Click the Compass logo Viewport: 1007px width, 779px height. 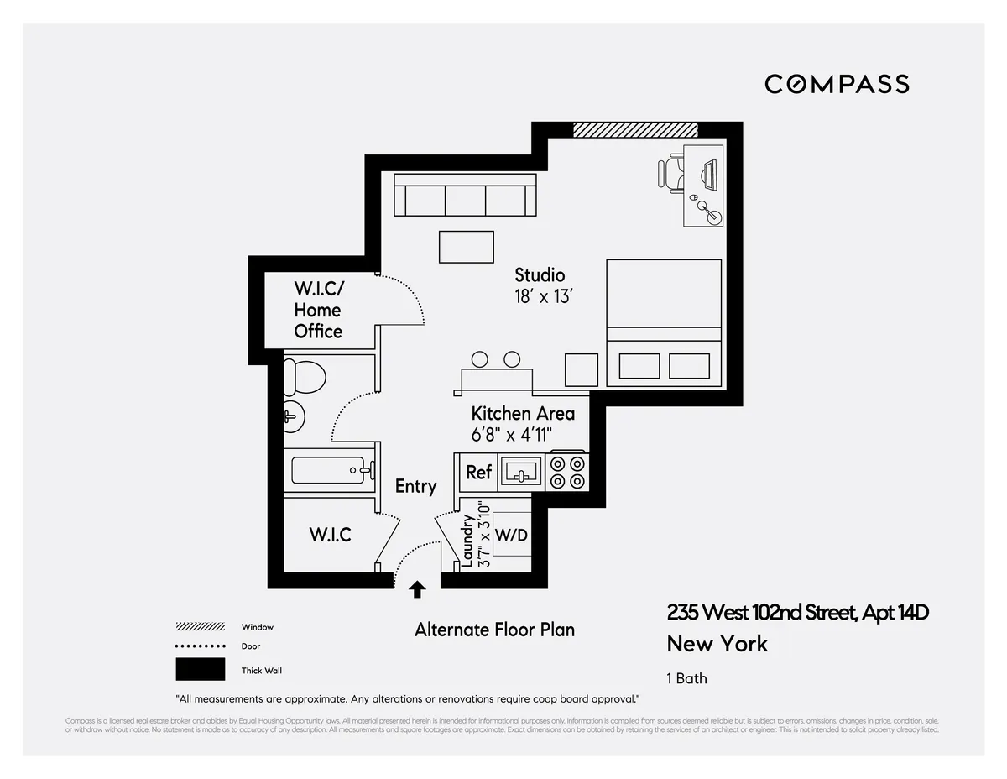(x=837, y=84)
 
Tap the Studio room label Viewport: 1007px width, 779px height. (x=540, y=275)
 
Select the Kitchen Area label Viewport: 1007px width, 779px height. (x=523, y=414)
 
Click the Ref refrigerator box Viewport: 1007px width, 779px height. (x=478, y=472)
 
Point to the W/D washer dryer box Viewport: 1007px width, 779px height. (x=511, y=535)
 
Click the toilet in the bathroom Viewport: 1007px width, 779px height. (x=303, y=376)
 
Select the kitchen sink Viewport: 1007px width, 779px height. (x=521, y=472)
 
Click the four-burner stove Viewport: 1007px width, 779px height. (x=567, y=472)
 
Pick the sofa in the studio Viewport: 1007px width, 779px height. (x=465, y=196)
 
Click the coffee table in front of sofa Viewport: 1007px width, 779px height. (x=467, y=248)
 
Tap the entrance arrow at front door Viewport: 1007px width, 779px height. (x=417, y=589)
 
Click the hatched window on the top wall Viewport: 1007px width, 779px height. (x=635, y=129)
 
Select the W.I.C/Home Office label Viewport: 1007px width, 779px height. (x=318, y=310)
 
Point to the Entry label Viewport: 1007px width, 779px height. (x=415, y=486)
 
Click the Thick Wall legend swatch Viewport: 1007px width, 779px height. (x=200, y=669)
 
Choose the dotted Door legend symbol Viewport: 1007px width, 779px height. (x=200, y=646)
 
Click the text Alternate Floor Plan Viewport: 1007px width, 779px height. (x=494, y=630)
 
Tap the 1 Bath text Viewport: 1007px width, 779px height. (x=686, y=678)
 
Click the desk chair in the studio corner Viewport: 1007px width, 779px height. (x=671, y=174)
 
